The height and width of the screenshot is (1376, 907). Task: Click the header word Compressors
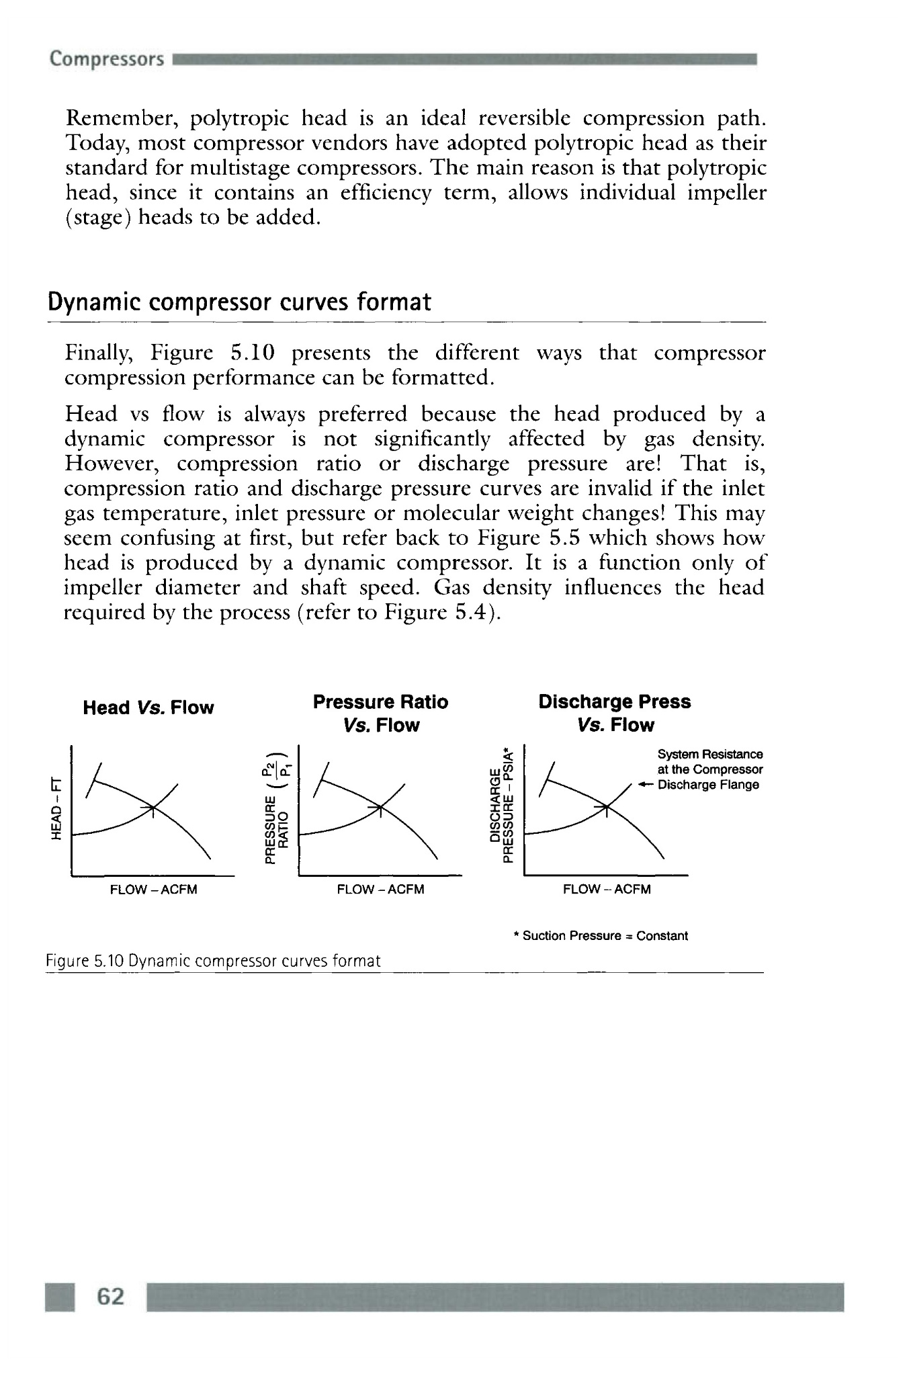tap(106, 59)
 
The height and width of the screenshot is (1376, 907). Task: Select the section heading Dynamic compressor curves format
tap(239, 302)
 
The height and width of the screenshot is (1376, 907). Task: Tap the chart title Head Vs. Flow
tap(148, 707)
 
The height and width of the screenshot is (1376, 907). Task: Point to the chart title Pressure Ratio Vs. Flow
tap(380, 714)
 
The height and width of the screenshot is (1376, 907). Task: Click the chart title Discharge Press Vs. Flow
tap(614, 714)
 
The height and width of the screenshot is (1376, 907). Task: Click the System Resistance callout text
tap(709, 769)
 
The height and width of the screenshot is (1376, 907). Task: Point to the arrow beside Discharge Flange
tap(646, 785)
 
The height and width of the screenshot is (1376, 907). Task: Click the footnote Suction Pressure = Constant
tap(601, 936)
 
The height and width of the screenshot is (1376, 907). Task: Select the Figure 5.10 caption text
tap(213, 961)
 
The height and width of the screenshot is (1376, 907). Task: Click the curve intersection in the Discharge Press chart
tap(606, 806)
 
